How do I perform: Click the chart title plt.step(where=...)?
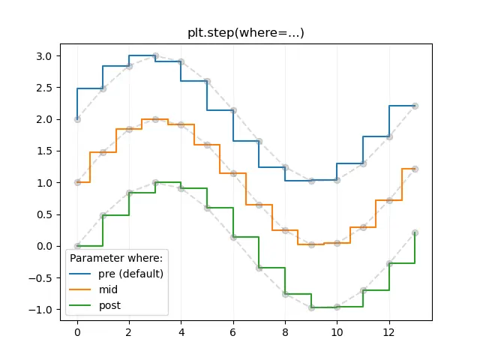point(246,33)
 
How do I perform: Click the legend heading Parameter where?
point(116,258)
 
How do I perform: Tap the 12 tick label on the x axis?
point(388,332)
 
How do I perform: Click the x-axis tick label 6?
point(233,332)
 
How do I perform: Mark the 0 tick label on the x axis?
point(77,332)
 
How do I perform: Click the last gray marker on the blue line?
point(415,106)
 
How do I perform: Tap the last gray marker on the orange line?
point(415,169)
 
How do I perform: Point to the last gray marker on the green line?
point(415,232)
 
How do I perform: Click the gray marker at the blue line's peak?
point(155,55)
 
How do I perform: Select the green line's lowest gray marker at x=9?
point(311,307)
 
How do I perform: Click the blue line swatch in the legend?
point(80,274)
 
